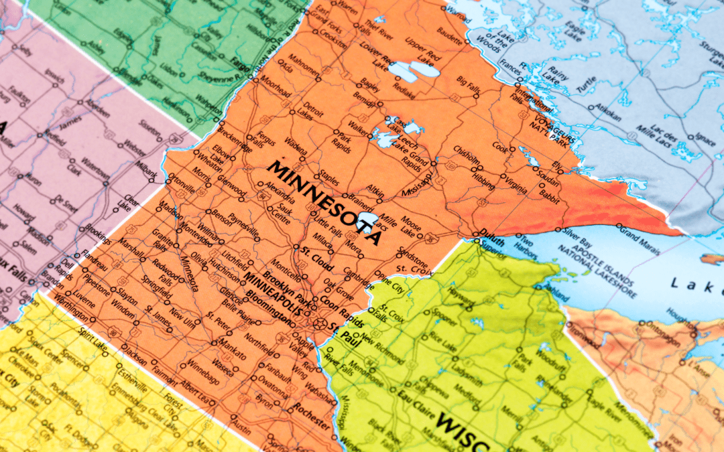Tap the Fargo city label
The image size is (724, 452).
240,68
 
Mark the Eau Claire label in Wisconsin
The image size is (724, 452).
414,394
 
